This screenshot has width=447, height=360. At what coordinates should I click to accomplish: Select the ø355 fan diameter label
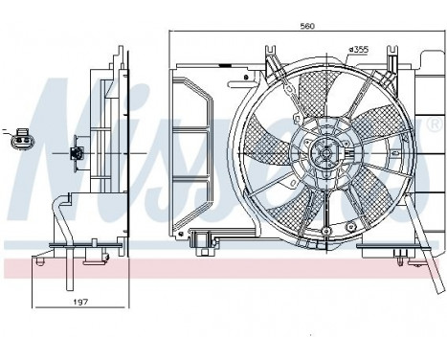click(x=359, y=48)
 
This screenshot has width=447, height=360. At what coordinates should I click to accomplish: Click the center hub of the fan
click(x=324, y=150)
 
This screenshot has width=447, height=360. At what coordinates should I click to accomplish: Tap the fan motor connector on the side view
click(x=78, y=152)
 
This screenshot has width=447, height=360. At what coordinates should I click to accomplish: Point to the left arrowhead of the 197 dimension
click(x=35, y=309)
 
